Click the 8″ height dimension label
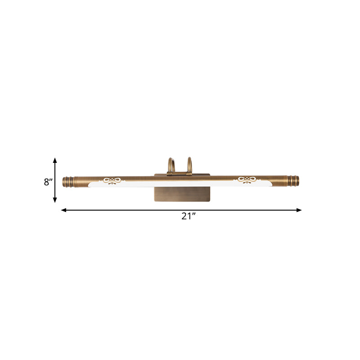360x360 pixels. click(x=49, y=182)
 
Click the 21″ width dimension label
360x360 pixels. click(x=189, y=216)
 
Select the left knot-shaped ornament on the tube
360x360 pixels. click(x=112, y=181)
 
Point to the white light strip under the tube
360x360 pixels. click(x=180, y=184)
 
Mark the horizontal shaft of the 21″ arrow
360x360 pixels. click(x=135, y=210)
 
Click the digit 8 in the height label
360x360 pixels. click(x=46, y=182)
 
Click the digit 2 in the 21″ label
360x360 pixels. click(x=184, y=216)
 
